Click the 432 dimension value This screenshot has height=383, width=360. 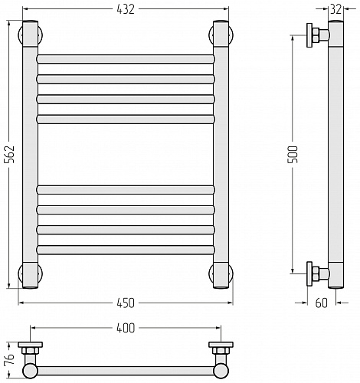pyautogui.click(x=126, y=9)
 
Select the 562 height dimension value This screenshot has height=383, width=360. pyautogui.click(x=10, y=155)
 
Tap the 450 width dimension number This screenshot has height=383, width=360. pyautogui.click(x=126, y=303)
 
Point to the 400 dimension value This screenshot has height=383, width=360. pyautogui.click(x=126, y=328)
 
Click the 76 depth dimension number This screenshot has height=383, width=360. pyautogui.click(x=10, y=360)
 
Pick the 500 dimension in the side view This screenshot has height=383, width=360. pyautogui.click(x=293, y=155)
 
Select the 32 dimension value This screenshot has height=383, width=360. pyautogui.click(x=335, y=10)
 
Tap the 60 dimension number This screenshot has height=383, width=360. pyautogui.click(x=321, y=303)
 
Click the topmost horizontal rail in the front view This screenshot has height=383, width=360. pyautogui.click(x=126, y=59)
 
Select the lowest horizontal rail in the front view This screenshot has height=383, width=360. pyautogui.click(x=126, y=250)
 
